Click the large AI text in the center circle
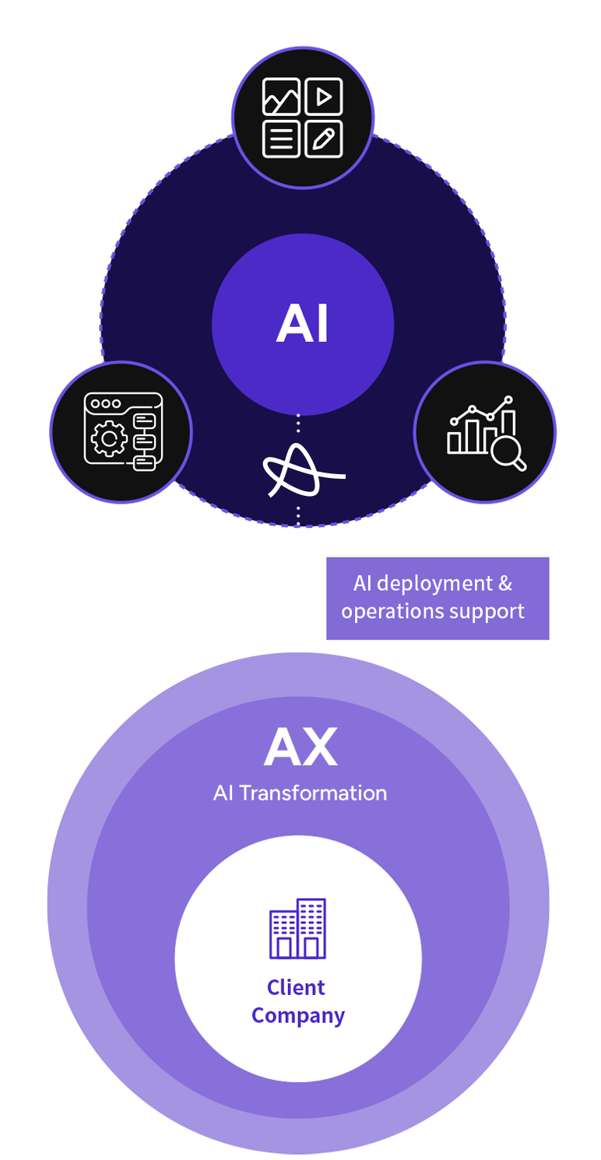click(302, 325)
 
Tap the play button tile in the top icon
click(323, 97)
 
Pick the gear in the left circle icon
click(109, 440)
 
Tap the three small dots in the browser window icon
click(106, 404)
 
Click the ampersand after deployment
click(505, 583)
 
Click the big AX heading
click(300, 748)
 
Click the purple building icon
click(297, 929)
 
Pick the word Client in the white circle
click(296, 988)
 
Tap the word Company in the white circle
click(298, 1016)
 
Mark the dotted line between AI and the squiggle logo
click(297, 425)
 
